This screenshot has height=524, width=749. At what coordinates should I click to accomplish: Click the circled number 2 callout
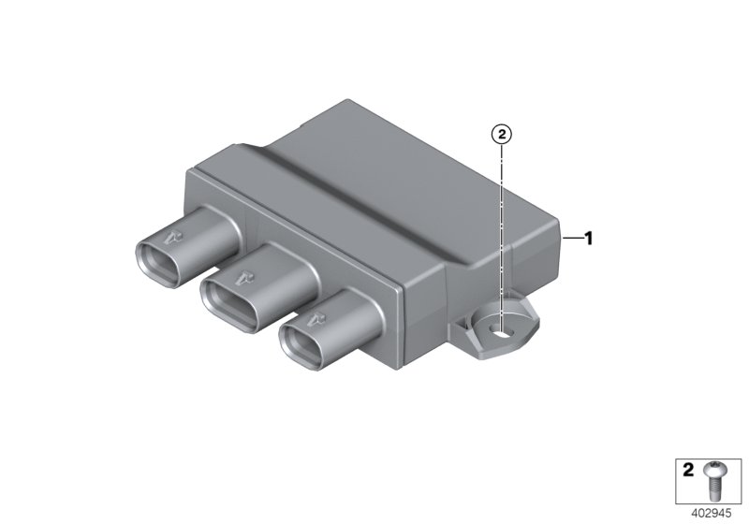tap(502, 135)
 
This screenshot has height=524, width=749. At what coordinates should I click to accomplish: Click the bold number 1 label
tap(589, 239)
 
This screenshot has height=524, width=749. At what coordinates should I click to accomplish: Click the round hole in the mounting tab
tap(504, 328)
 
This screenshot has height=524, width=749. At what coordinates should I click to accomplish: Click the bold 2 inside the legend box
tap(688, 473)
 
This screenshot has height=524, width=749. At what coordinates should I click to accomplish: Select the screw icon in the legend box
tap(715, 478)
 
